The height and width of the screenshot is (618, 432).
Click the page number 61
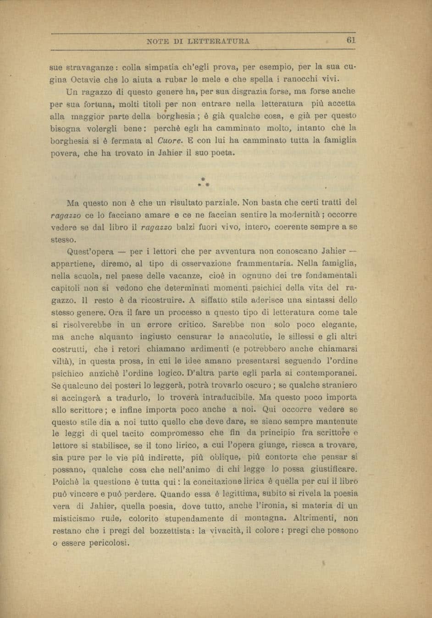click(351, 40)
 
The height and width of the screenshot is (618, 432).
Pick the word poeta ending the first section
click(221, 153)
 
